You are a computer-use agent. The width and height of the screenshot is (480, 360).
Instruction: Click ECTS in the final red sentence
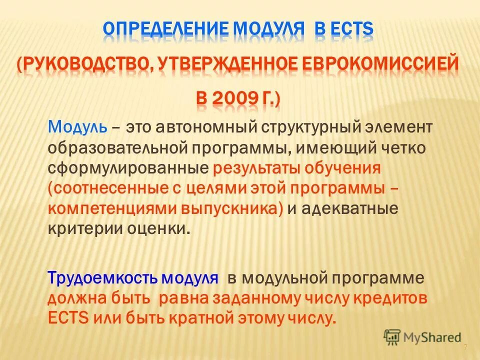point(68,318)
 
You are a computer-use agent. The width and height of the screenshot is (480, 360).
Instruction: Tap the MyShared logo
point(422,336)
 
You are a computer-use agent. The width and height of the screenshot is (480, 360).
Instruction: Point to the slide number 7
point(465,348)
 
